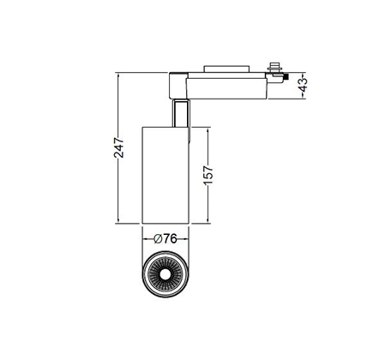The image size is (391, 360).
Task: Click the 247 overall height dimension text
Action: pos(119,147)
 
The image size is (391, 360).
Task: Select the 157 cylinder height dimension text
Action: pos(208,175)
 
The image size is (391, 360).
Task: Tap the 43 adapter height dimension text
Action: pos(303,85)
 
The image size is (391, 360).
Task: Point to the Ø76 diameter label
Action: pos(165,238)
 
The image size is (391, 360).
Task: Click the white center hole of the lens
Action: pos(165,274)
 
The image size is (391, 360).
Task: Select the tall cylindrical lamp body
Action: pos(165,175)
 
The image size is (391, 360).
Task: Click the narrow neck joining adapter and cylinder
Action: pos(181,113)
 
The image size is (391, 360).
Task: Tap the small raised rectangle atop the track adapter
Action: pos(226,69)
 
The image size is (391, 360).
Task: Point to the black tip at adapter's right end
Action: pos(286,77)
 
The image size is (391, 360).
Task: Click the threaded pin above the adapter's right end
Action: pos(274,68)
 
